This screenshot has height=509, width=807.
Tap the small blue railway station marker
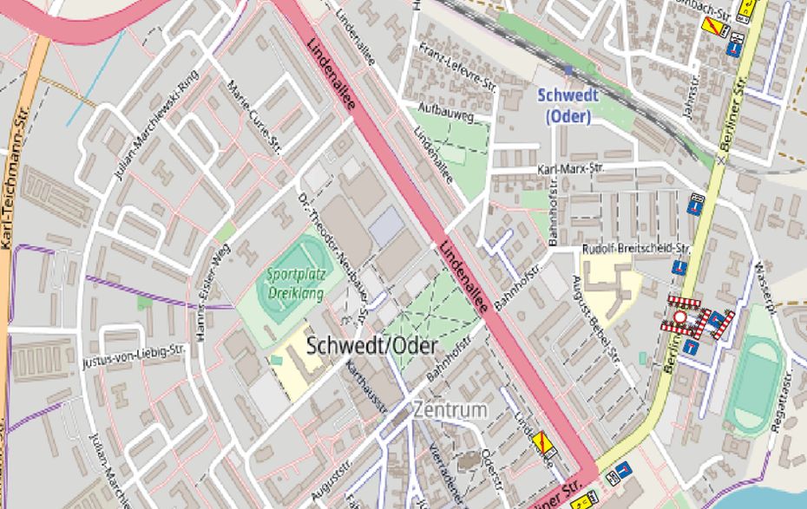(x=568, y=69)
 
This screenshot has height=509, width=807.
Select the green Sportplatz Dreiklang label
(x=294, y=284)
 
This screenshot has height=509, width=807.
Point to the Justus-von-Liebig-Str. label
(x=135, y=356)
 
